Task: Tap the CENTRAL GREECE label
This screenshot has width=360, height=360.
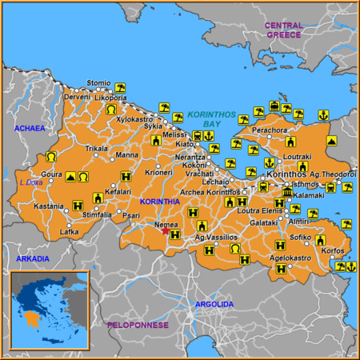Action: (284, 30)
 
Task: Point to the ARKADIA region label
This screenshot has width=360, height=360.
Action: (32, 258)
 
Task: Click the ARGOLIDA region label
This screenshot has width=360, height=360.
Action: (214, 305)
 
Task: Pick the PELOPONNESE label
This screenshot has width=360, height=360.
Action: (138, 325)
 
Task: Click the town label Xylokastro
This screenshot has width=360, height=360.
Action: (134, 118)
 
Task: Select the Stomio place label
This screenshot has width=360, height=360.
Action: (98, 82)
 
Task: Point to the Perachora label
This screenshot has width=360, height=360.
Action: (270, 129)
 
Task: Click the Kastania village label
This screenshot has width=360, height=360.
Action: (48, 206)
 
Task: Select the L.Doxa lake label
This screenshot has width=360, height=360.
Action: (30, 182)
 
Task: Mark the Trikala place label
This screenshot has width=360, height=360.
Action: (97, 148)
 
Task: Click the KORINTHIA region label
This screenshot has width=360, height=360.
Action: (159, 202)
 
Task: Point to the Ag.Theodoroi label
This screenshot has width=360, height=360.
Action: (330, 174)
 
